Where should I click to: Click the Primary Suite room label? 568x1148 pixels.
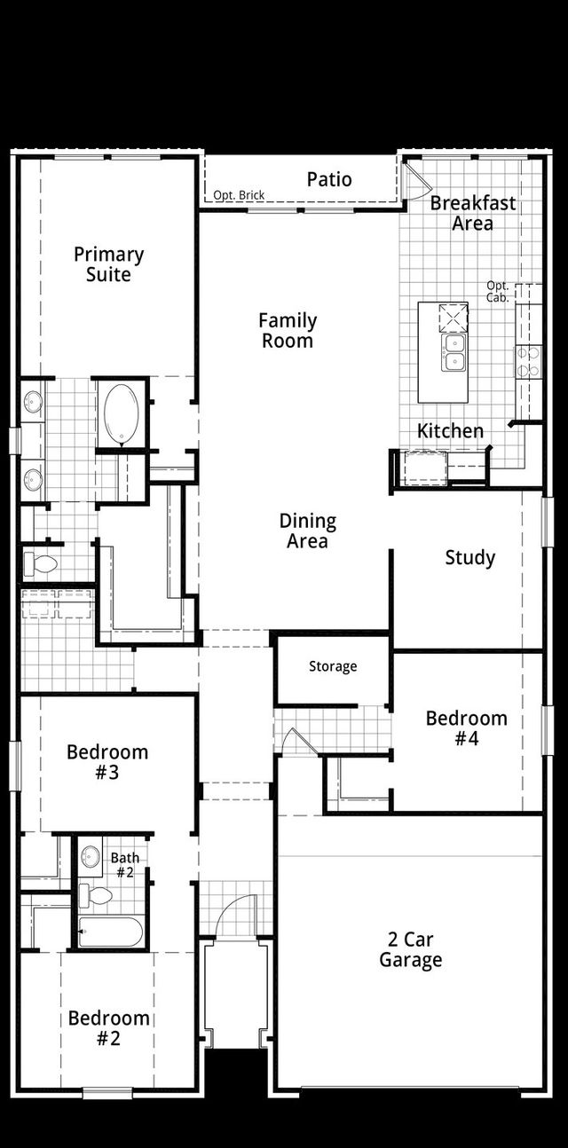108,264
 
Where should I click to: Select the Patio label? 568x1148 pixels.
329,179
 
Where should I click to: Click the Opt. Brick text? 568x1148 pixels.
239,195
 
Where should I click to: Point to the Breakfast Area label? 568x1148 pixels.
472,213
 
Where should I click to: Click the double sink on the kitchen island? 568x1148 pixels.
454,351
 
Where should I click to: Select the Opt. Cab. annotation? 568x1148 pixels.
498,292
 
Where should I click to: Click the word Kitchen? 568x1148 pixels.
451,431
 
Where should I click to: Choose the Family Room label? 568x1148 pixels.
288,330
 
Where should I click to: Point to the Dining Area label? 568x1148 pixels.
307,531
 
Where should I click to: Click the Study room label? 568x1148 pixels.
469,558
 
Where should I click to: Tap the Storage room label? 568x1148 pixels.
333,666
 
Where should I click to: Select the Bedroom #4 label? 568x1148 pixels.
466,727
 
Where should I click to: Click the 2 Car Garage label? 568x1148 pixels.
410,949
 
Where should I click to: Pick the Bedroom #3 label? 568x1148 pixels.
107,762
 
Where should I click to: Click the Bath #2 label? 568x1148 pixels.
124,864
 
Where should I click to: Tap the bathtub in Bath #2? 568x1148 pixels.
110,932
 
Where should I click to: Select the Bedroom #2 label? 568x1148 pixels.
108,1027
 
